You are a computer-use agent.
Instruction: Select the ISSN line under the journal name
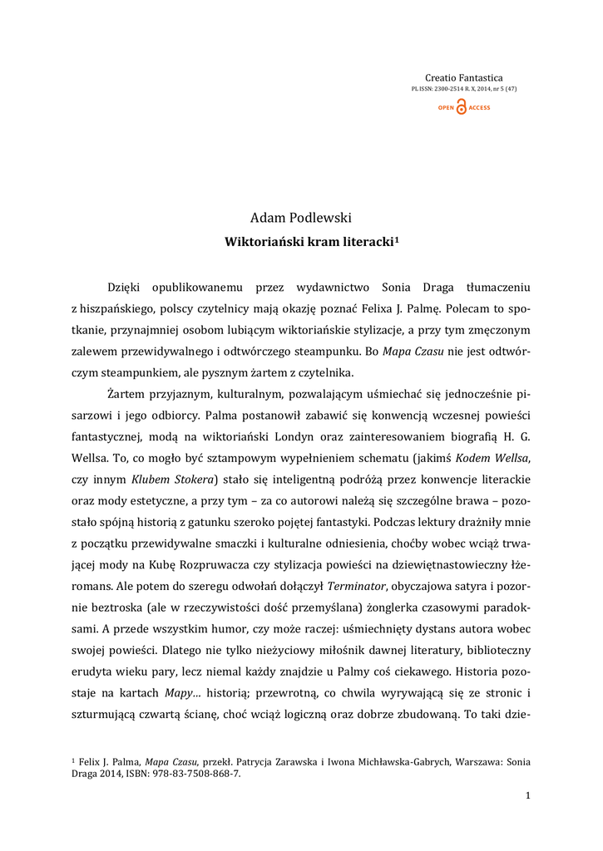464,89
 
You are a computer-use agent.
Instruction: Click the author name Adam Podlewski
301,218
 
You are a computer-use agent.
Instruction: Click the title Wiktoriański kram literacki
309,241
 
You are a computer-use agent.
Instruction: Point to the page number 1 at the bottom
527,795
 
